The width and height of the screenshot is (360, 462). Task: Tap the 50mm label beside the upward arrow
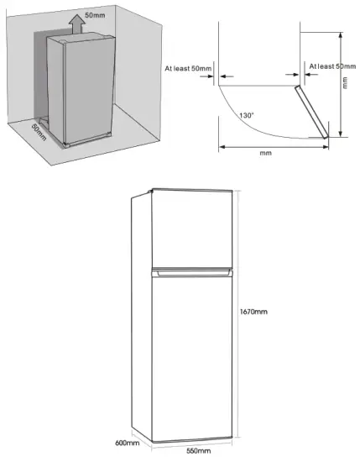(x=96, y=16)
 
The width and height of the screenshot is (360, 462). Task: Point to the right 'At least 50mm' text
(x=331, y=66)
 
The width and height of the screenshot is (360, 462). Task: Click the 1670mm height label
(x=254, y=312)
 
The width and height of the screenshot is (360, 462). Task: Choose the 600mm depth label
(x=127, y=443)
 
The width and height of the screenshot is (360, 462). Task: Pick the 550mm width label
(x=197, y=450)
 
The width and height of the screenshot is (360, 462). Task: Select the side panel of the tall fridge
(x=140, y=319)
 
